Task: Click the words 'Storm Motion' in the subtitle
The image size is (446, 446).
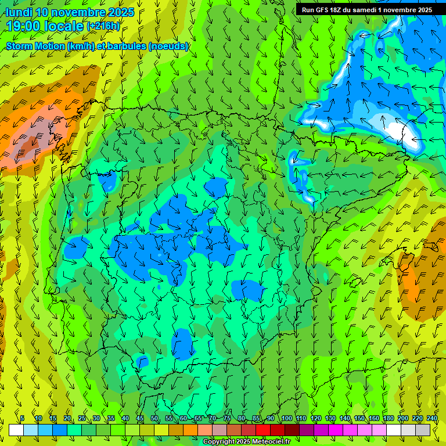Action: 35,46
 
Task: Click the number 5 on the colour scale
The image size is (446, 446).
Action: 22,419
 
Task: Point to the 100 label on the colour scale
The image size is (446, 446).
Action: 287,419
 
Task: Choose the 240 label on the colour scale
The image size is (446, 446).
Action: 433,419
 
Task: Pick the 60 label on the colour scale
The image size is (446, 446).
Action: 184,419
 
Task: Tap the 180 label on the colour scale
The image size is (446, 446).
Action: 388,419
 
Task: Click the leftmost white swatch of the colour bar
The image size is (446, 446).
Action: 16,430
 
